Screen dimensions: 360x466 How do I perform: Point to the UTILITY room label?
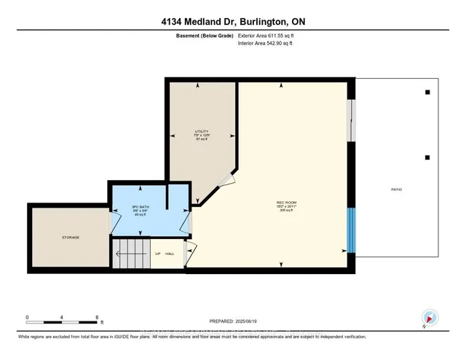click(202, 132)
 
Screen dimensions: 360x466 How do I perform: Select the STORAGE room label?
click(71, 238)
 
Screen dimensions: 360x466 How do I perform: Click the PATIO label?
click(397, 189)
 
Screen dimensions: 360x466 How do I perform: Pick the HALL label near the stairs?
click(169, 254)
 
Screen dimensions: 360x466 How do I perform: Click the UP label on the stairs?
click(157, 254)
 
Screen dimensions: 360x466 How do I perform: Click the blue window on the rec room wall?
click(350, 230)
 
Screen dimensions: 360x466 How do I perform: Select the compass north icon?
click(430, 318)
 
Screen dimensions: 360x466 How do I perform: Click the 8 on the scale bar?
click(97, 318)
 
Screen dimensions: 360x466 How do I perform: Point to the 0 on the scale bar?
click(27, 318)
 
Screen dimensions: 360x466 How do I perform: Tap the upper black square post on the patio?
click(427, 93)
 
